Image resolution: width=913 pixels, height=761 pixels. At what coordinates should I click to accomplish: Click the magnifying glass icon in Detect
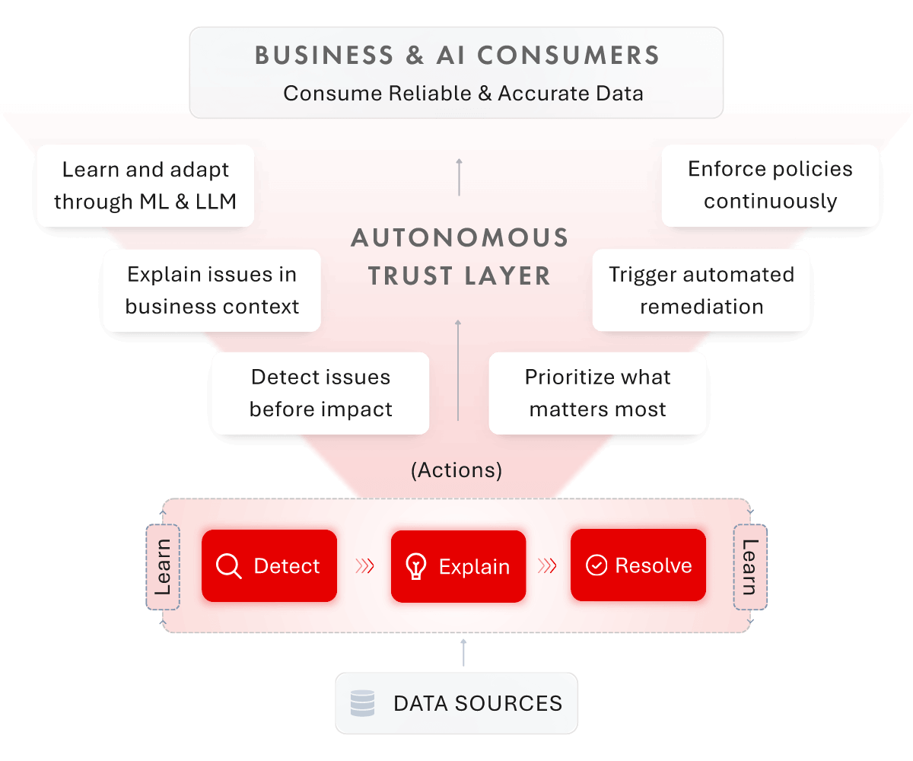(228, 566)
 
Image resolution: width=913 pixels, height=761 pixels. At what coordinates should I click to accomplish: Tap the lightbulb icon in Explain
(415, 566)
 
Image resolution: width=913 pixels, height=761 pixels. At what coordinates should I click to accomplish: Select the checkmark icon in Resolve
(596, 565)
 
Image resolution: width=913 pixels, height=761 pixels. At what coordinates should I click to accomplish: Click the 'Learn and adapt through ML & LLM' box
(145, 185)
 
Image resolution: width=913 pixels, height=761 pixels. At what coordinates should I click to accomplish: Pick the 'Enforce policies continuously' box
(770, 185)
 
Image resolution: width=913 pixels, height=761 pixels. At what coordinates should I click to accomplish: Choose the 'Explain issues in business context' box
(212, 290)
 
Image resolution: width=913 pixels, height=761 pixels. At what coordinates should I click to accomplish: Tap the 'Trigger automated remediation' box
(701, 290)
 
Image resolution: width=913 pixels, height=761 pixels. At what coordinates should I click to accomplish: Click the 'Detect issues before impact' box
(320, 393)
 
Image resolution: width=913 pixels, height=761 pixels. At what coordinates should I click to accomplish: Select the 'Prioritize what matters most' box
(597, 393)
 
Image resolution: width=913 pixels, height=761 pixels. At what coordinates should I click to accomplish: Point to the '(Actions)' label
(456, 470)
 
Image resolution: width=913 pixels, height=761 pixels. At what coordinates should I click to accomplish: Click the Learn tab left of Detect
(163, 567)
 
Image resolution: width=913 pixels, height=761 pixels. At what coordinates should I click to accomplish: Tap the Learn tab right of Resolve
(750, 567)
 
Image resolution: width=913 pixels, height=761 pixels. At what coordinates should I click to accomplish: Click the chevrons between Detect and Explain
(364, 566)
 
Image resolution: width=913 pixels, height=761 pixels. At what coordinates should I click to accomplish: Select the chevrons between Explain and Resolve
(548, 566)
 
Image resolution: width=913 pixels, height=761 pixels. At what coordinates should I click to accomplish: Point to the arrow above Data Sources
(463, 653)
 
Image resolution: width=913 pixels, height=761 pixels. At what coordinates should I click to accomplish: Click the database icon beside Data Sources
(362, 702)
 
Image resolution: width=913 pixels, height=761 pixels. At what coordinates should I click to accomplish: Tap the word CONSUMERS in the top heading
(578, 55)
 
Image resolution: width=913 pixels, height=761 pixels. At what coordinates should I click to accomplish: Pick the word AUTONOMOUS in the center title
(459, 238)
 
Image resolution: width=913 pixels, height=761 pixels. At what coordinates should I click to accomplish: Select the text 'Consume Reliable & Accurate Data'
(463, 94)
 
